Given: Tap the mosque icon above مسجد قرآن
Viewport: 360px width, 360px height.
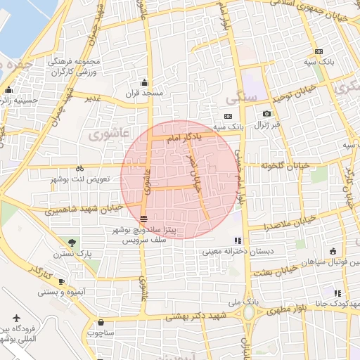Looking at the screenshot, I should pos(145,82).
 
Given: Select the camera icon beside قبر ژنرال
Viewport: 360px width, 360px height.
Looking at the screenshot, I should pos(266,114).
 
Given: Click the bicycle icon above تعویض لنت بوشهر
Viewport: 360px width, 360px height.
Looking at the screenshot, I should pos(79,169).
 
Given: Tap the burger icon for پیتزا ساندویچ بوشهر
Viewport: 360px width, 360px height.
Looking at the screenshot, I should pos(143,219).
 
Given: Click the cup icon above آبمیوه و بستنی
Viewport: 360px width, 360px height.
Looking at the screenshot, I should pos(60,281).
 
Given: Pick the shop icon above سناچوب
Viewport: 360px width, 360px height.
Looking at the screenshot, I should pos(101,323).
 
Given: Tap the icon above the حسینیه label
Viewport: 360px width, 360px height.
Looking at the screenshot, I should pos(8,90).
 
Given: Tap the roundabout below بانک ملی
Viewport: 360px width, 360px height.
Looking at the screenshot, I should pos(249,316).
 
